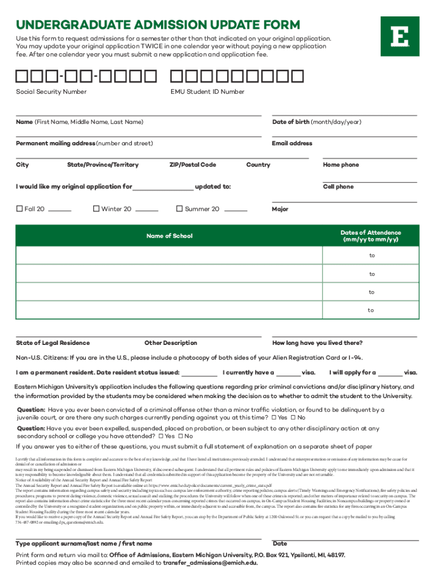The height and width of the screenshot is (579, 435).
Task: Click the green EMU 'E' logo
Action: (x=399, y=36)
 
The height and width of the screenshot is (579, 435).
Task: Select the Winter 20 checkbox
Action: (x=96, y=209)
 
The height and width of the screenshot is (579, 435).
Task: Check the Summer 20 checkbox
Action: (x=180, y=209)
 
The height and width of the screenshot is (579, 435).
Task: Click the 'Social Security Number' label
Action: (x=51, y=92)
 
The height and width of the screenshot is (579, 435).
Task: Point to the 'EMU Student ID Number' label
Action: (x=207, y=92)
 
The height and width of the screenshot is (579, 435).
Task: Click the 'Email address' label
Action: (x=292, y=144)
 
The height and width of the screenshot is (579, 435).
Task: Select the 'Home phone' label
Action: (x=341, y=165)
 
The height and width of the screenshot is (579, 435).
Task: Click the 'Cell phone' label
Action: (x=338, y=187)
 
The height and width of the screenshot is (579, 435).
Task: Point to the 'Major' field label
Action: (x=280, y=209)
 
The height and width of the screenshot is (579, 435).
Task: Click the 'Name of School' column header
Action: (x=169, y=236)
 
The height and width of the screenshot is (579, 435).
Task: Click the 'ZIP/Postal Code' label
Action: (x=193, y=165)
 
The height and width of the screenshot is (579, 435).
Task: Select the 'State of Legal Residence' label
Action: (x=53, y=343)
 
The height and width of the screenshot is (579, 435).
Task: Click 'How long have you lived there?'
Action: (x=317, y=343)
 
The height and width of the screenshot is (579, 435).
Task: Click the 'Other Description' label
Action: (x=171, y=343)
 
